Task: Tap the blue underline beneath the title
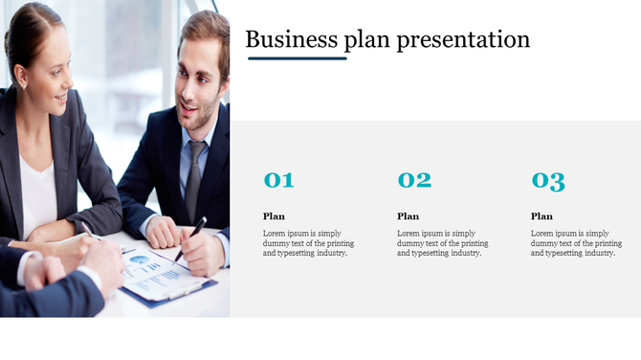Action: click(x=297, y=58)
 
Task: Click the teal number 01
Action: click(x=278, y=180)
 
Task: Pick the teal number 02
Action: click(x=414, y=180)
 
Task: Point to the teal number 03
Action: click(x=548, y=180)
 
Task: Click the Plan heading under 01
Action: click(x=274, y=216)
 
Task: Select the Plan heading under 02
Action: click(x=408, y=216)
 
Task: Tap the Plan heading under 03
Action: click(x=542, y=216)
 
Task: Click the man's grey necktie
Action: click(x=194, y=177)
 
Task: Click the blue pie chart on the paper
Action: click(x=141, y=261)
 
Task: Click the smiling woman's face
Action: click(x=50, y=81)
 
